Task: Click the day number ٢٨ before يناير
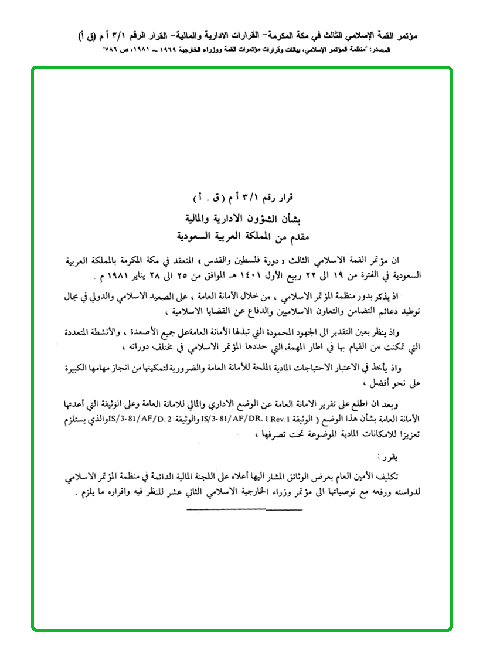(132, 274)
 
